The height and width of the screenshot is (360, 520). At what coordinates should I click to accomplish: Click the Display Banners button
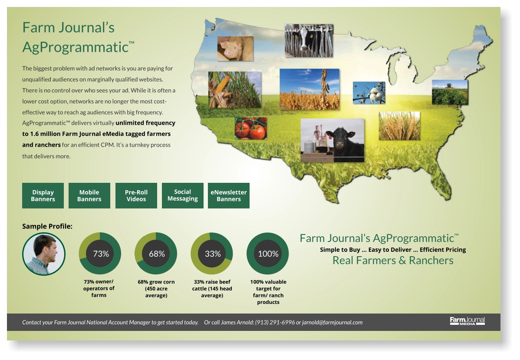point(43,195)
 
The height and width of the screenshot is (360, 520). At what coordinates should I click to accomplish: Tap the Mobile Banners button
point(89,195)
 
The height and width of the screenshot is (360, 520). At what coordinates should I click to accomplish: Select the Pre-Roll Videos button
point(136,195)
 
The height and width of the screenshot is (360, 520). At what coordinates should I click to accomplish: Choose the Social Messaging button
point(182,195)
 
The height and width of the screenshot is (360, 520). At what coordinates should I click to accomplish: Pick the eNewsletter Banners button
point(228,195)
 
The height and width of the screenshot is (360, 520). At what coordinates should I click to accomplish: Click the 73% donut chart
point(100,269)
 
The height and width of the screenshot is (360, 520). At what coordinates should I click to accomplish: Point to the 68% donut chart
point(156,269)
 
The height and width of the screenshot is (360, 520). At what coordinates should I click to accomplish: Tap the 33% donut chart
point(211,269)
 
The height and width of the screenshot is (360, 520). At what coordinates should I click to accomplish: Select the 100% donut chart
point(268,269)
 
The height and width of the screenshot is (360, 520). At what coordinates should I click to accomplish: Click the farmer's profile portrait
point(44,254)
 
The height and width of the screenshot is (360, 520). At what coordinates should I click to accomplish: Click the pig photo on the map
point(235,49)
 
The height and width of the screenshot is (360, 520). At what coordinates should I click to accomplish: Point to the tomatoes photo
point(251,128)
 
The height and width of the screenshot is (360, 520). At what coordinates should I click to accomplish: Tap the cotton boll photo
point(369,92)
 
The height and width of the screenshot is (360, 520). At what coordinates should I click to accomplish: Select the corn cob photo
point(234,89)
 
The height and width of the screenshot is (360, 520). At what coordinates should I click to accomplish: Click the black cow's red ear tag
point(330,135)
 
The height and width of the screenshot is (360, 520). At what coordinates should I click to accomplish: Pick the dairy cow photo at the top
point(309,40)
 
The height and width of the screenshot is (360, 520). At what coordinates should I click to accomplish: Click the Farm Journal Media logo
point(467,321)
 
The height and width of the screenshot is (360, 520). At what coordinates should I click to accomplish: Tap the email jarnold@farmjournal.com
point(332,322)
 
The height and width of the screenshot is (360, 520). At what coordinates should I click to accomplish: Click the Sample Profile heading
point(47,226)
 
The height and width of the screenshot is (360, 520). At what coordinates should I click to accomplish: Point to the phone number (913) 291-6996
point(275,322)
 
